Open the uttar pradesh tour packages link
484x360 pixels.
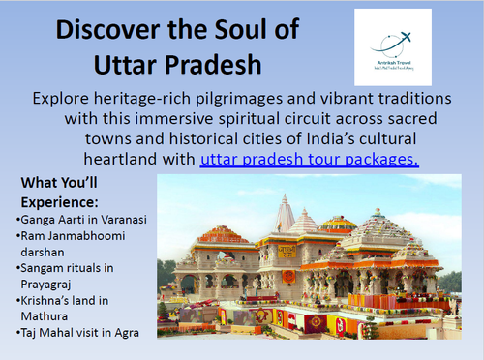click(x=309, y=159)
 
